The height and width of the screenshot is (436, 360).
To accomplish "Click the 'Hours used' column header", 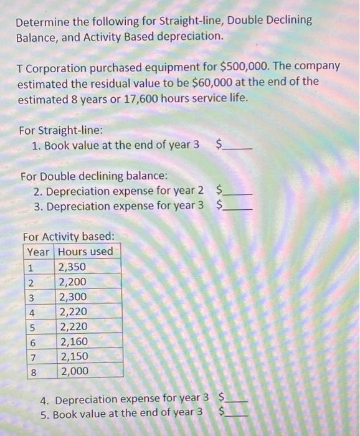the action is coord(86,252).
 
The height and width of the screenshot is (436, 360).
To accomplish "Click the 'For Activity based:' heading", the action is coord(68,237).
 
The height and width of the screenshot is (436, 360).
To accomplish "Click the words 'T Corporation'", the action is coord(52,66).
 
